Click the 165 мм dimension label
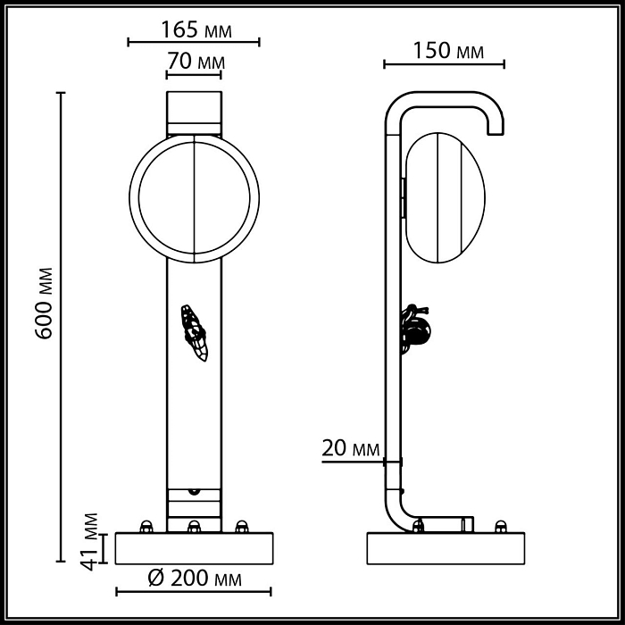[x=195, y=30]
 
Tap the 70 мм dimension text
[x=195, y=63]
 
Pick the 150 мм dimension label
[x=447, y=52]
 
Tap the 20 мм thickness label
[x=350, y=448]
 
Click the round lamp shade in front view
[x=195, y=197]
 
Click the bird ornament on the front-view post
[x=194, y=331]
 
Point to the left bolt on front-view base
[x=146, y=526]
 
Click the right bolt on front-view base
[x=240, y=526]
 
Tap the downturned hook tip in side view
[x=495, y=129]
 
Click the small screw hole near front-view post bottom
[x=194, y=490]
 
